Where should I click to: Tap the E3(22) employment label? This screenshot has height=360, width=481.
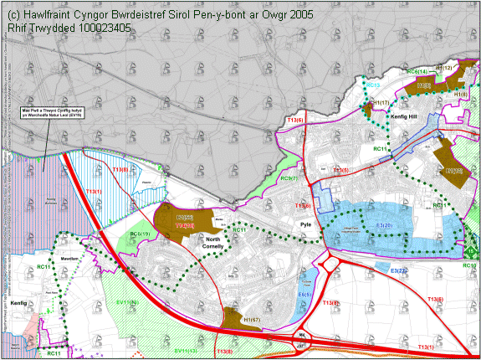[x=398, y=270]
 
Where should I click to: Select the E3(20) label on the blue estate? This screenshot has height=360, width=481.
[x=386, y=226]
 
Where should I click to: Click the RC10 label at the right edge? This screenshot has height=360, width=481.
[x=471, y=265]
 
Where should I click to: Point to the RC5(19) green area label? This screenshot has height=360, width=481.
[x=140, y=234]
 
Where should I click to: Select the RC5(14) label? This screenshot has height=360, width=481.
[x=417, y=72]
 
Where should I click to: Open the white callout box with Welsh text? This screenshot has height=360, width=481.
[x=52, y=113]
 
